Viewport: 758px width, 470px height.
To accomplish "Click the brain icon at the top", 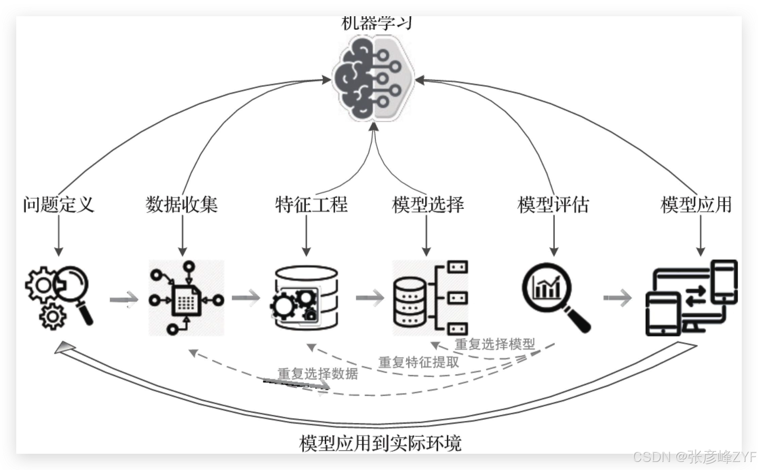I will [x=373, y=78].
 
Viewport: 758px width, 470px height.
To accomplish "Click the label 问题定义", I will [x=59, y=205].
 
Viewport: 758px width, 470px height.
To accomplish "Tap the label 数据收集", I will [x=182, y=205].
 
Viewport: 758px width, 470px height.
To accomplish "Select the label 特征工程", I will [x=311, y=205].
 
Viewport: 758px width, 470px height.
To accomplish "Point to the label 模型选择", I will [x=428, y=205].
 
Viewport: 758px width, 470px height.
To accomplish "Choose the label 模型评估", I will [x=553, y=205].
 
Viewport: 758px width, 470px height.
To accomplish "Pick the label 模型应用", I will [x=696, y=205].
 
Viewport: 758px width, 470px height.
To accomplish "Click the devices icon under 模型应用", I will [x=691, y=298].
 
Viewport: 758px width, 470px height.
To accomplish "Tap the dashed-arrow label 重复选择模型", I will [x=495, y=344].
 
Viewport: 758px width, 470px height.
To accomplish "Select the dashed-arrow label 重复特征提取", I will [x=418, y=362].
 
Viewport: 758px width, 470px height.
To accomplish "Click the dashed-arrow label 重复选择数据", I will [x=318, y=373].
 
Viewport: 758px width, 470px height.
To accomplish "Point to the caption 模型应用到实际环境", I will [x=380, y=443].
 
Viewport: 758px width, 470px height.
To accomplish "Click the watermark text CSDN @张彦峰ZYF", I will [x=694, y=457].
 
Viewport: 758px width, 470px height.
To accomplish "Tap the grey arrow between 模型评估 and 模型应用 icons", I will [x=617, y=298].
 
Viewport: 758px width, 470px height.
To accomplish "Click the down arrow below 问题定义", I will [x=59, y=235].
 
